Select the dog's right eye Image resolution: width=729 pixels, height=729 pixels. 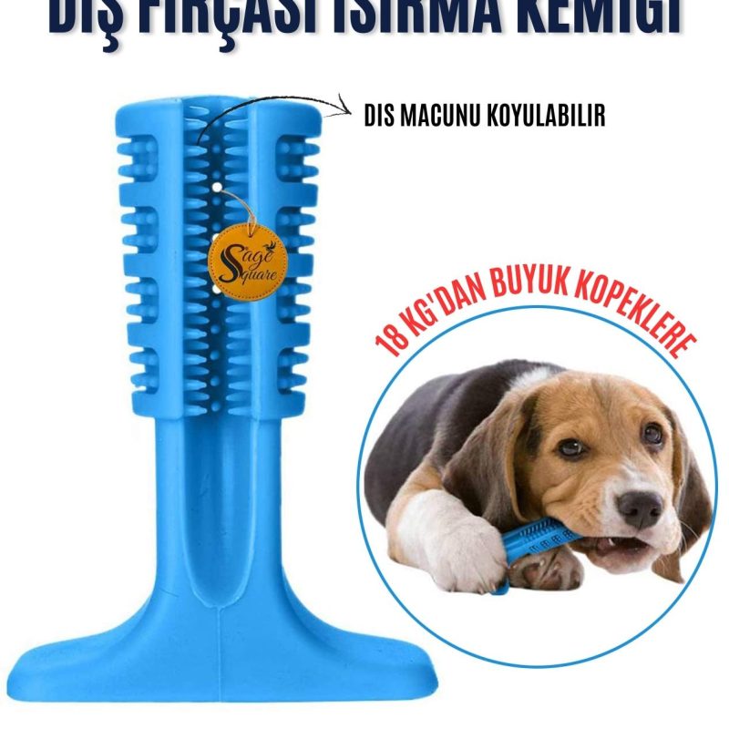click(x=652, y=435)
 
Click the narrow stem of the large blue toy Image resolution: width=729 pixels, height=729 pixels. click(x=219, y=510)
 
